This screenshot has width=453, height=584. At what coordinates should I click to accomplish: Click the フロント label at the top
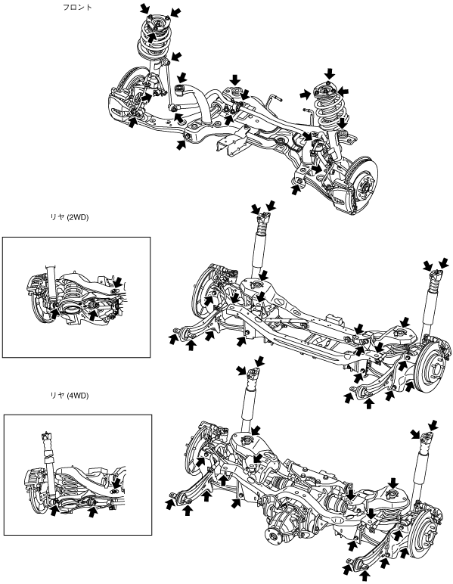pyautogui.click(x=77, y=7)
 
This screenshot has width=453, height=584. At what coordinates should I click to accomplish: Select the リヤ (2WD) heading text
pyautogui.click(x=70, y=218)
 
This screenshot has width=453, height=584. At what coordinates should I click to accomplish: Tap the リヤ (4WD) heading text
pyautogui.click(x=70, y=396)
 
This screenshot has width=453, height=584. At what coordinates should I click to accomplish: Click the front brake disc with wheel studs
pyautogui.click(x=362, y=181)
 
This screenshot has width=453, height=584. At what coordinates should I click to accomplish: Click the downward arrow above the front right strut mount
pyautogui.click(x=330, y=73)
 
